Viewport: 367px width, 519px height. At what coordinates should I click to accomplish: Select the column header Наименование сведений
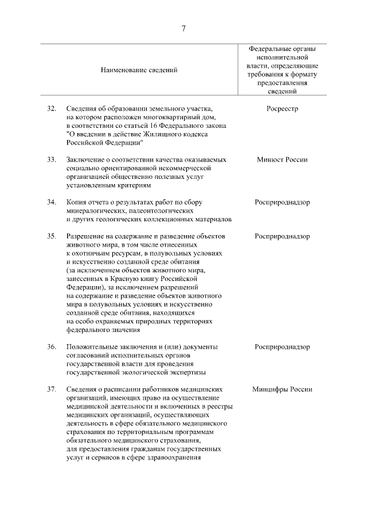pyautogui.click(x=139, y=70)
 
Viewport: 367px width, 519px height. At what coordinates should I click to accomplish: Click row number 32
pyautogui.click(x=52, y=108)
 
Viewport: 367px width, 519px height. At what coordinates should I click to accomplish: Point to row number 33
pyautogui.click(x=52, y=159)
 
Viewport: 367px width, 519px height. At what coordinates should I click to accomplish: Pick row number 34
pyautogui.click(x=52, y=202)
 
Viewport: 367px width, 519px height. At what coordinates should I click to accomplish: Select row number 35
pyautogui.click(x=52, y=236)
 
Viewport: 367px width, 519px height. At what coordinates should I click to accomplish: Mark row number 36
pyautogui.click(x=52, y=347)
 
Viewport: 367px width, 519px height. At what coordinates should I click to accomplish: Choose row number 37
pyautogui.click(x=52, y=389)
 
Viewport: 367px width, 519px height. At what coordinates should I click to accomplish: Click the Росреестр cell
pyautogui.click(x=282, y=108)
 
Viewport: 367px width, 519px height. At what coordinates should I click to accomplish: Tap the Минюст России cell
pyautogui.click(x=282, y=159)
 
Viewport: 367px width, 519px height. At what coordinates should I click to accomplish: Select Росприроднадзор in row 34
pyautogui.click(x=282, y=202)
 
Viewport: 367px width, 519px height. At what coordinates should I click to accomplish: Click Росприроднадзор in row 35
pyautogui.click(x=282, y=236)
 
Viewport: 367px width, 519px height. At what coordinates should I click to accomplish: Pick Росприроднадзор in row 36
pyautogui.click(x=282, y=347)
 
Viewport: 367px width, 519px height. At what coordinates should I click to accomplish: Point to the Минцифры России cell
pyautogui.click(x=282, y=389)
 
